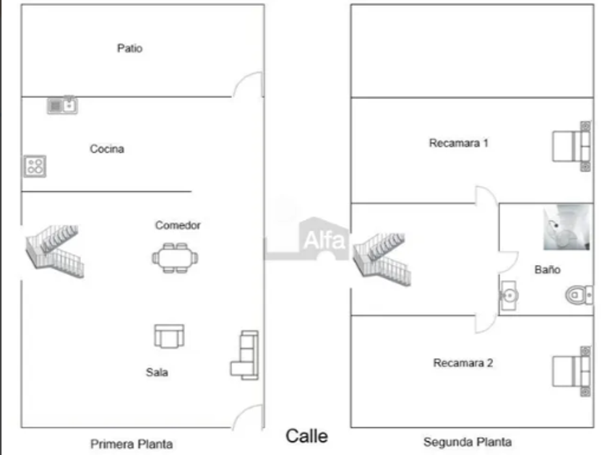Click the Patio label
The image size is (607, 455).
coord(129,48)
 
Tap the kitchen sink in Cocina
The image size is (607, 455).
coord(63,105)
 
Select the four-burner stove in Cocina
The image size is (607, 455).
coord(35,167)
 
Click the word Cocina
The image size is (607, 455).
coord(107,149)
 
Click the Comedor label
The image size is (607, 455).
coord(178,225)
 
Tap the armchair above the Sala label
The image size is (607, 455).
coord(169,336)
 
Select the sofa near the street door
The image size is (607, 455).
coord(246,355)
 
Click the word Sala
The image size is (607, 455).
coord(157,373)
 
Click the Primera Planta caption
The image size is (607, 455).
coord(131,443)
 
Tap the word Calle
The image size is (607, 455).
coord(306,436)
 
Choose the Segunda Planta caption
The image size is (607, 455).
coord(468,442)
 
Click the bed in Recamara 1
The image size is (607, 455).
coord(572,146)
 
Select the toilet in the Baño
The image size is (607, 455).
coord(578,295)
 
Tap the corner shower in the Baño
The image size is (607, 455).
coord(567,228)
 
